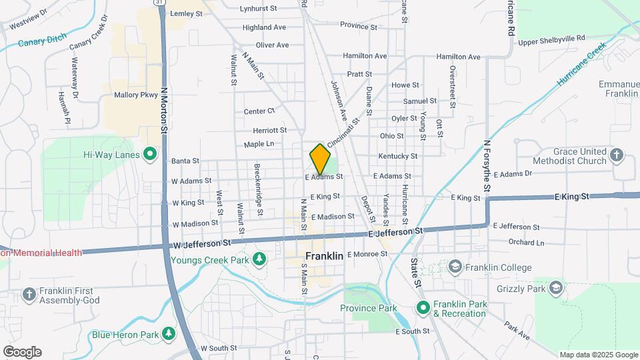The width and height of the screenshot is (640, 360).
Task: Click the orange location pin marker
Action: point(320,159)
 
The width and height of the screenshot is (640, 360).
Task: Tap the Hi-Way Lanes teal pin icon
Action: point(150,155)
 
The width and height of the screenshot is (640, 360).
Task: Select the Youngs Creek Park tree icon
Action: point(259,259)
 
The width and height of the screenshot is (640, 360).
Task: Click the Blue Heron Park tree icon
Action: point(169,334)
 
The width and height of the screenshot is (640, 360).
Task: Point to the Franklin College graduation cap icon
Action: point(456,267)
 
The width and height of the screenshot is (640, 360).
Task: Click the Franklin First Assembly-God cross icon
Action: point(29,294)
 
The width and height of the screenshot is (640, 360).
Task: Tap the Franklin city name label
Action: point(324,256)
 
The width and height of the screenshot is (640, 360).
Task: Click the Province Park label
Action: point(368,308)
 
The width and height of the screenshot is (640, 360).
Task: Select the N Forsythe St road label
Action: point(487,167)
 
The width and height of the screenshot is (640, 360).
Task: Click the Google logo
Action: point(22,352)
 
